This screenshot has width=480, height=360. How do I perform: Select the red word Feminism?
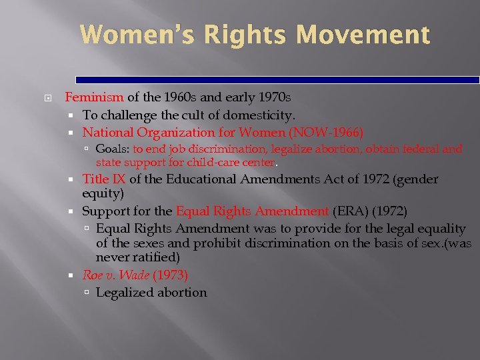91,97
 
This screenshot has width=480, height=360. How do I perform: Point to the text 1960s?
163,97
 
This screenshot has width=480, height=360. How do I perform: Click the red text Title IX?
104,179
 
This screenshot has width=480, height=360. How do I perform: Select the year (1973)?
170,275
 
